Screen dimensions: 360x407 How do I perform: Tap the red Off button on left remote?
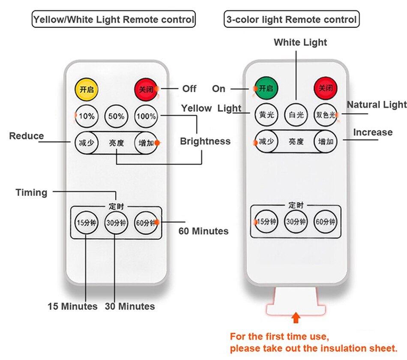(146, 89)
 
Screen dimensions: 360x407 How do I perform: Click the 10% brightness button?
(87, 116)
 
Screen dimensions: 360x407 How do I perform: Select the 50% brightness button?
(116, 116)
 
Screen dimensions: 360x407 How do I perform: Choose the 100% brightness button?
(146, 116)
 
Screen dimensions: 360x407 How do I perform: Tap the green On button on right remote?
(266, 88)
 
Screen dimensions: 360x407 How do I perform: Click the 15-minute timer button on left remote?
(87, 222)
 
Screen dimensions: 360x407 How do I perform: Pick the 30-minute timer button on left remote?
(116, 222)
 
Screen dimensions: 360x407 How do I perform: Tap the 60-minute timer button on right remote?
(325, 222)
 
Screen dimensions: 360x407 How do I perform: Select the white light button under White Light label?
(296, 114)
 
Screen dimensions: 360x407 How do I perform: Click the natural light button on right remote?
(325, 114)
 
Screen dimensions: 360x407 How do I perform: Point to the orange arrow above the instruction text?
(295, 318)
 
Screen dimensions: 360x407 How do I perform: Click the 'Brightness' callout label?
(205, 141)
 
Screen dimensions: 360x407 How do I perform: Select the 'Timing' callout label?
(31, 192)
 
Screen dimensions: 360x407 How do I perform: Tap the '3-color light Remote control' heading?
(291, 19)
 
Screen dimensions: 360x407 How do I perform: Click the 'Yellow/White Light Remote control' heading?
(114, 19)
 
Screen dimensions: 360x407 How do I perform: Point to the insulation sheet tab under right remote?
(296, 300)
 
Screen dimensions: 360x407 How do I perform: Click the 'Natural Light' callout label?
(377, 105)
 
